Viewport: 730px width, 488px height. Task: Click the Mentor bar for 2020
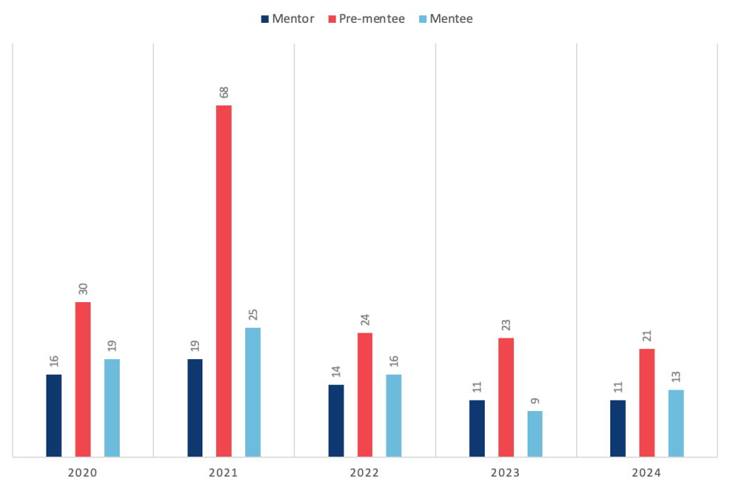[53, 415]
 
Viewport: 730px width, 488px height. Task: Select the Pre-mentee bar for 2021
[224, 281]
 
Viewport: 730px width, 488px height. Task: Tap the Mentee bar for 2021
[253, 392]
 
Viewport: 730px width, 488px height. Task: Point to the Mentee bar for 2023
[535, 433]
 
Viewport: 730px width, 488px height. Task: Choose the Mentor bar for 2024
[618, 427]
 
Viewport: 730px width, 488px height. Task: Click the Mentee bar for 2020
[112, 407]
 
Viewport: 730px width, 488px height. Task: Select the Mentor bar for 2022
[336, 420]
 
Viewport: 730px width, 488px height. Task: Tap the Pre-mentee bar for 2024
[647, 402]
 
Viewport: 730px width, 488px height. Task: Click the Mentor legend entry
[287, 19]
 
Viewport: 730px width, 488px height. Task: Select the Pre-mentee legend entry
[366, 19]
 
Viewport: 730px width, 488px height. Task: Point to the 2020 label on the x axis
[83, 472]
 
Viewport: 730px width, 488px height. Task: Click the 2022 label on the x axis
[364, 472]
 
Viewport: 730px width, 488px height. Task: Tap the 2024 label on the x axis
[647, 472]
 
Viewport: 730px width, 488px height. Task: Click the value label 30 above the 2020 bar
[83, 289]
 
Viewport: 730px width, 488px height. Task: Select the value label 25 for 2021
[253, 314]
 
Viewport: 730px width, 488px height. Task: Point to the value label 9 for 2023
[535, 400]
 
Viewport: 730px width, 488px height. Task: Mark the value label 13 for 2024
[676, 376]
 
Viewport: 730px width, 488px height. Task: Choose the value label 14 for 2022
[336, 371]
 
